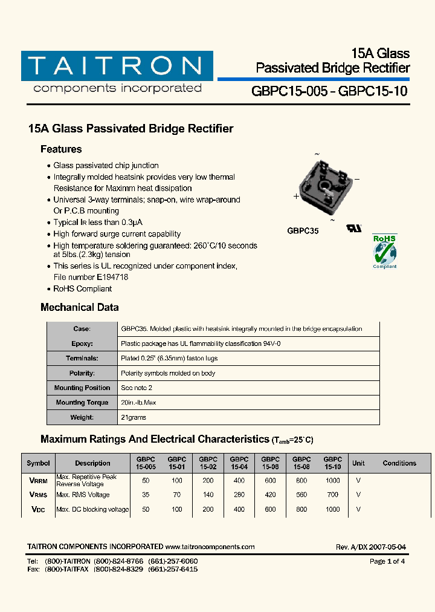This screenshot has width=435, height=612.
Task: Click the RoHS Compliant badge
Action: [x=384, y=251]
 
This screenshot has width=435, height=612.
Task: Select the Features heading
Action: [x=61, y=149]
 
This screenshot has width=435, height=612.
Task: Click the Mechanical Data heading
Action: [x=79, y=307]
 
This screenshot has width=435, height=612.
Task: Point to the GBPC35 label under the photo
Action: [x=303, y=231]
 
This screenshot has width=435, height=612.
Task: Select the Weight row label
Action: [x=82, y=417]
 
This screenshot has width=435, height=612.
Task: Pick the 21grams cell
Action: [x=134, y=417]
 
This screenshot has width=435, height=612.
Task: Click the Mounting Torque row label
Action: [x=82, y=403]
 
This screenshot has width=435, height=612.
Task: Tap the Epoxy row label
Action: [x=82, y=343]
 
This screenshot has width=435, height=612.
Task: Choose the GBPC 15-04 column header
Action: [x=239, y=463]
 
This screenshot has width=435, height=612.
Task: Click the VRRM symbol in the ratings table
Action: [x=39, y=481]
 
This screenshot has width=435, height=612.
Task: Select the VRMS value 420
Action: [x=270, y=495]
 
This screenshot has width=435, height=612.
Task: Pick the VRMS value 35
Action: [x=145, y=495]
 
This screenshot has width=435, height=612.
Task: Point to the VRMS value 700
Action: [x=332, y=495]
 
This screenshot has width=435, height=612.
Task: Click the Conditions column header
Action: [x=399, y=463]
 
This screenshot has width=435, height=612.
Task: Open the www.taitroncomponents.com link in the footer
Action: [x=210, y=547]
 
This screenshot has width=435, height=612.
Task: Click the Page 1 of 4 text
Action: [x=387, y=561]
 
